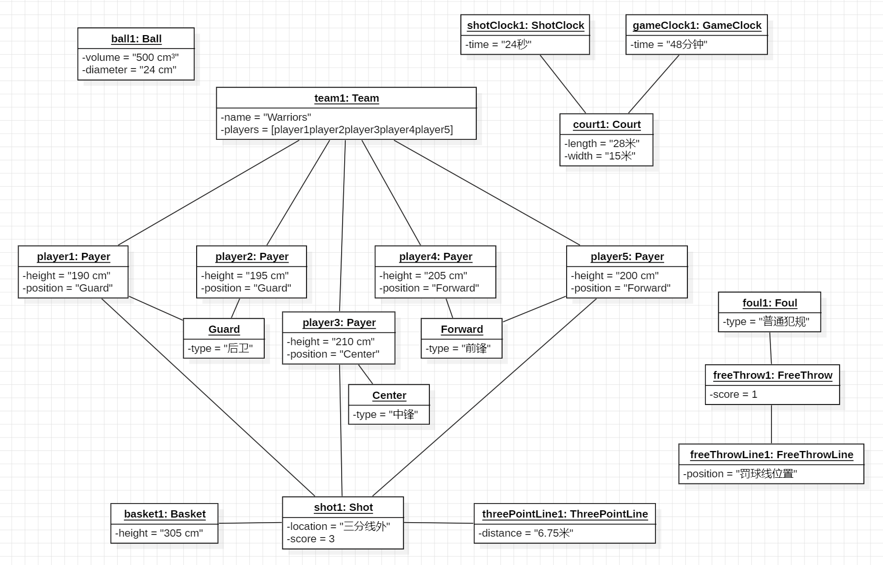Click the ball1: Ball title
pos(136,39)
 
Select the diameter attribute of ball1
pos(129,70)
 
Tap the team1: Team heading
pos(346,98)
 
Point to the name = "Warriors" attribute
pos(266,117)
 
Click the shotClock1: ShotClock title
pos(525,25)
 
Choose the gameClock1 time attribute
pos(668,44)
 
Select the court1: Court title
pos(606,124)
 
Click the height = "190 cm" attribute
pos(66,276)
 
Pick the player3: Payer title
pos(339,322)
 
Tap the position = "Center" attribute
pos(333,354)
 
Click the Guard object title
pos(224,329)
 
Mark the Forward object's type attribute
pos(458,348)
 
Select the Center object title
pos(389,395)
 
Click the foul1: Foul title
pos(769,303)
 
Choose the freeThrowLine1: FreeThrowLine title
pos(772,455)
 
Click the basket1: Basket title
pos(165,514)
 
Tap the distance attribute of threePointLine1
pos(526,533)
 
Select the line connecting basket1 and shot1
pos(250,523)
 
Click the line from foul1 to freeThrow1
pos(770,348)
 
